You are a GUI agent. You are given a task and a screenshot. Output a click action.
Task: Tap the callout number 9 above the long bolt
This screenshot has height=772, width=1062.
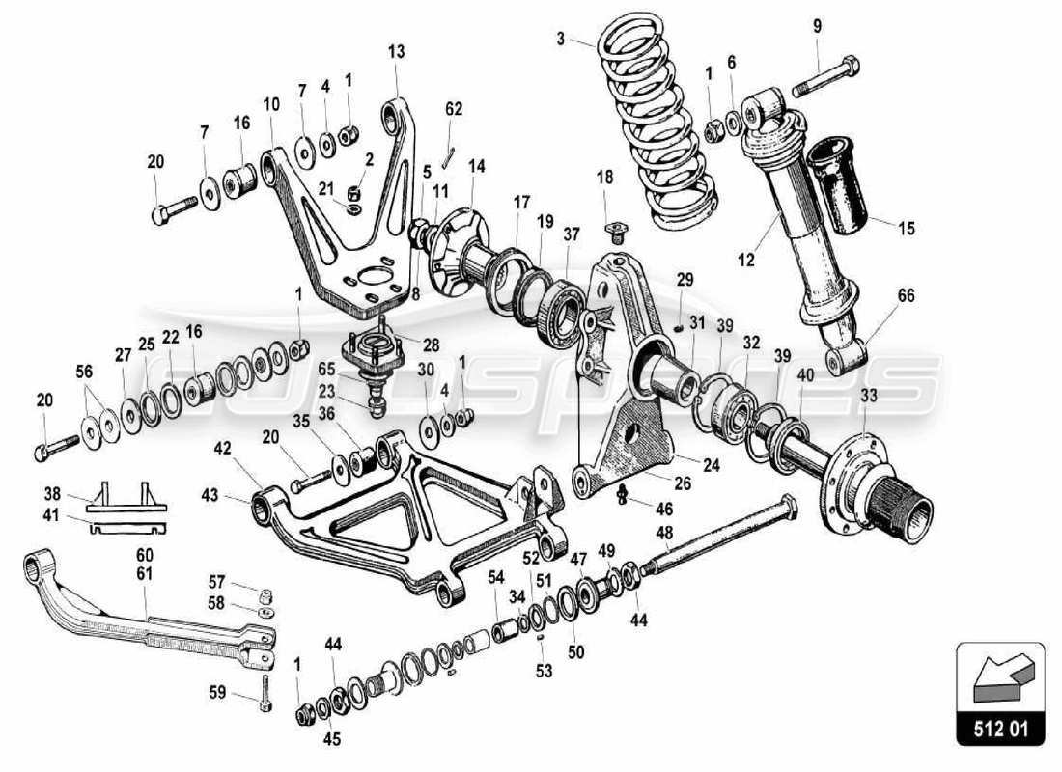click(818, 26)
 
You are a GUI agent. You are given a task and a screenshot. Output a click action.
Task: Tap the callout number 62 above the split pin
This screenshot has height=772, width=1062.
click(455, 109)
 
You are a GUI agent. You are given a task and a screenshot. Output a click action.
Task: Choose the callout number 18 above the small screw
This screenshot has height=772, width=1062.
click(604, 178)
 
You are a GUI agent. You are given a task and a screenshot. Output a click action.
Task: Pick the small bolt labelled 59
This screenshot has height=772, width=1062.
click(265, 692)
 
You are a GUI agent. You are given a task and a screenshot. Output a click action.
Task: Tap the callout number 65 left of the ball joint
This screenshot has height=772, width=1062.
click(327, 369)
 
